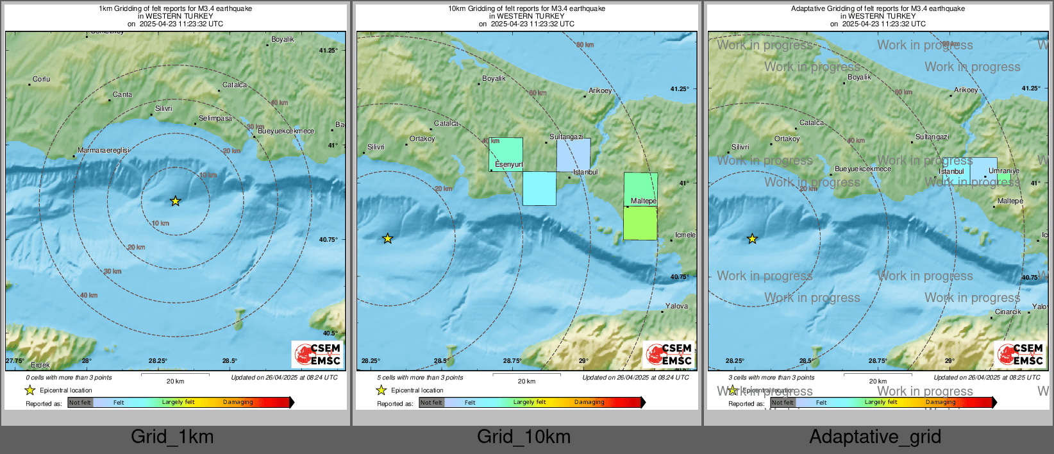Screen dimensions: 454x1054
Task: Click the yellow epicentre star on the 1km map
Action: tap(175, 201)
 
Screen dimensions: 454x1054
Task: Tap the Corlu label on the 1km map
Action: tap(42, 80)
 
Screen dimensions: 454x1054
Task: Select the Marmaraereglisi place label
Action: tap(103, 151)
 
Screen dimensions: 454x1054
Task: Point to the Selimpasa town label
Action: tap(215, 119)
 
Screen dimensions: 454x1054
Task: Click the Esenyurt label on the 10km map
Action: tap(508, 165)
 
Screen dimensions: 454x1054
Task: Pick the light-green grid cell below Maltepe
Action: tap(640, 223)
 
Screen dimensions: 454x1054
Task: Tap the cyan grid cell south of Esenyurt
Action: tap(539, 189)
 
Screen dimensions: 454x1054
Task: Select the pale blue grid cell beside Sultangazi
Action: tap(573, 155)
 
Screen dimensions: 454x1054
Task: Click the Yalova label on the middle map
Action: tap(676, 307)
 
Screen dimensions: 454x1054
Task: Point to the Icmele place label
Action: tap(685, 235)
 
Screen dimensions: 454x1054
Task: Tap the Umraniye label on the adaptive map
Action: tap(1003, 171)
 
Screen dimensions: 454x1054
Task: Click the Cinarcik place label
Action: tap(1008, 312)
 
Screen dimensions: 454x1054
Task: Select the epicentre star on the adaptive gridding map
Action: tap(752, 239)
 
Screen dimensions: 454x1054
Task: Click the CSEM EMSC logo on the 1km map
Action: tap(317, 354)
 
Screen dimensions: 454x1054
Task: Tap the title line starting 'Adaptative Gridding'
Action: tap(878, 9)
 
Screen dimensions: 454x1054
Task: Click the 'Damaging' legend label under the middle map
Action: tap(589, 403)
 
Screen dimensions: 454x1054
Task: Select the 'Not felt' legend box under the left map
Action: tap(80, 403)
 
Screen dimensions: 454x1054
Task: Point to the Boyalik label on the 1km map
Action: tap(282, 40)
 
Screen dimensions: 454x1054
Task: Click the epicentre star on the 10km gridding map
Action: tap(387, 239)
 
